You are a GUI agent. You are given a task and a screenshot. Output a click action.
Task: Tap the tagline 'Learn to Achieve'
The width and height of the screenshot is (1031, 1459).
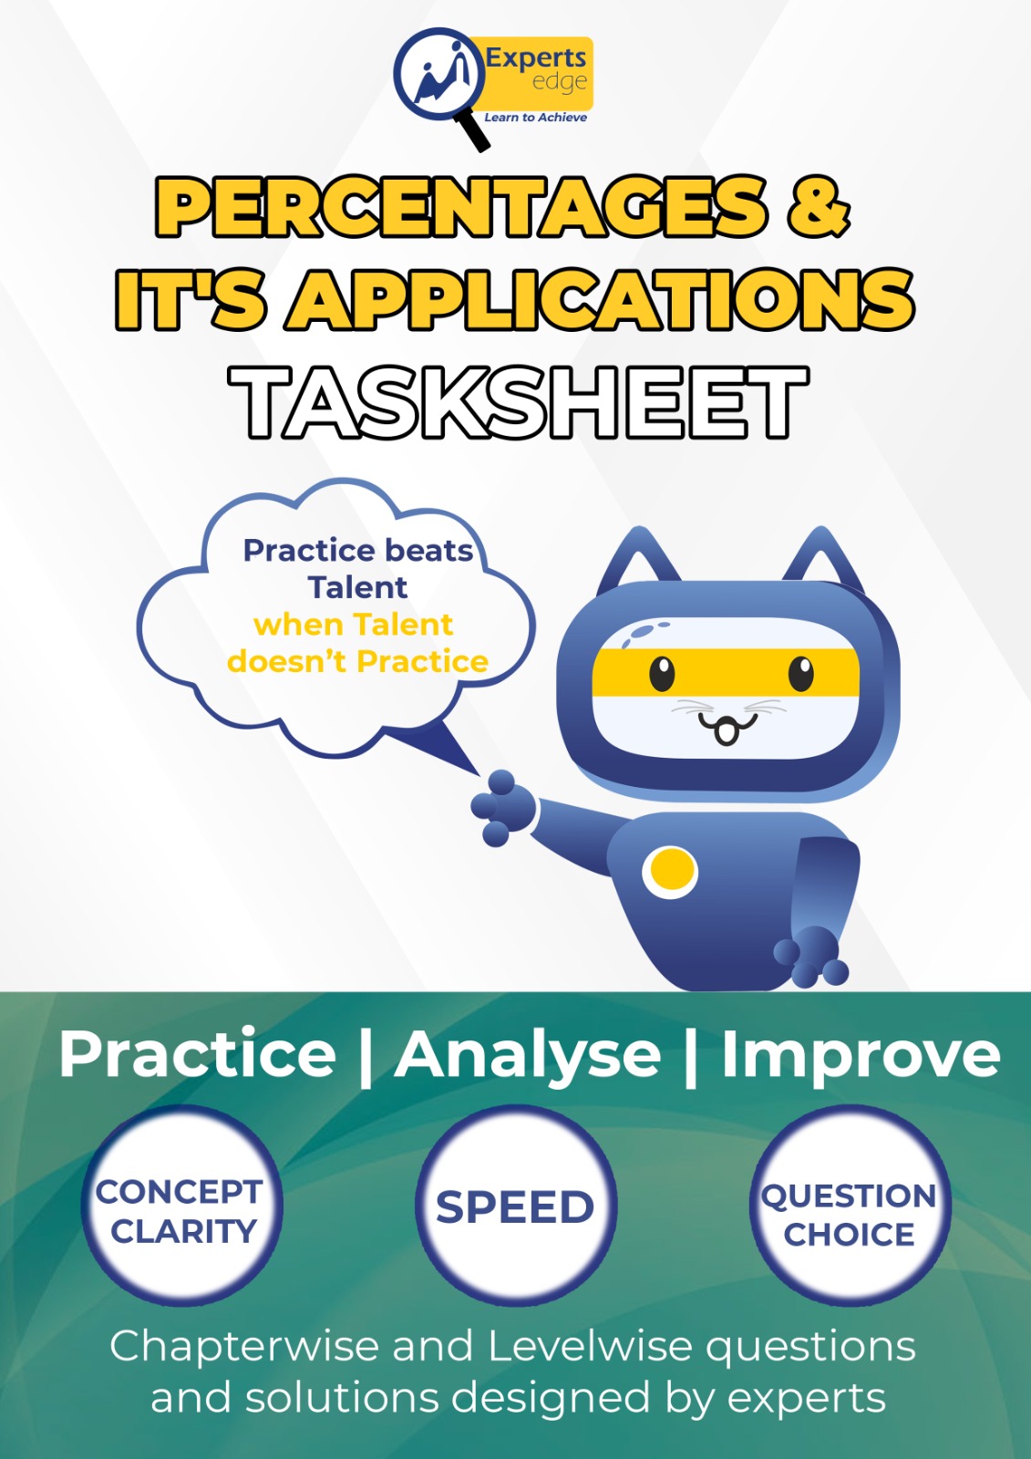point(535,118)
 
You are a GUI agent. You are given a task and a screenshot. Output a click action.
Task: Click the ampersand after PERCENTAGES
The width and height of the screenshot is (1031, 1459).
point(819,206)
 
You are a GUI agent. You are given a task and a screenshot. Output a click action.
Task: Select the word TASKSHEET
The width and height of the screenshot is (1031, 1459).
point(518,402)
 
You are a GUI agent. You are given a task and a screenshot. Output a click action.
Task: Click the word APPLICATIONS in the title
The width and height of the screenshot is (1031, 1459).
point(602,299)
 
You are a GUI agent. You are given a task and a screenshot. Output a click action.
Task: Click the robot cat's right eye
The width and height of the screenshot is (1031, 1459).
point(799,675)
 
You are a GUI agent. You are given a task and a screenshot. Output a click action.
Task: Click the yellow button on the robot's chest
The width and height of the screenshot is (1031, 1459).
point(670,871)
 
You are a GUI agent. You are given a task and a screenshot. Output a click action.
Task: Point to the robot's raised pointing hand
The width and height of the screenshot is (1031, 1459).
point(502,806)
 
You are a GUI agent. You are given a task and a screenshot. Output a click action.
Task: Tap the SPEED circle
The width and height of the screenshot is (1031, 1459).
point(515,1207)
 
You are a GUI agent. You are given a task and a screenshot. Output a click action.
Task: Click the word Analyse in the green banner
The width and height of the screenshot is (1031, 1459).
point(528,1055)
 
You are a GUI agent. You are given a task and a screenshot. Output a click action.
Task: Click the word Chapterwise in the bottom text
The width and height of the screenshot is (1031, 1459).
point(243,1346)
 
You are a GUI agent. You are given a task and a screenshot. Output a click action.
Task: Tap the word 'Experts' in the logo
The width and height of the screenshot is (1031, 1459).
point(535,57)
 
